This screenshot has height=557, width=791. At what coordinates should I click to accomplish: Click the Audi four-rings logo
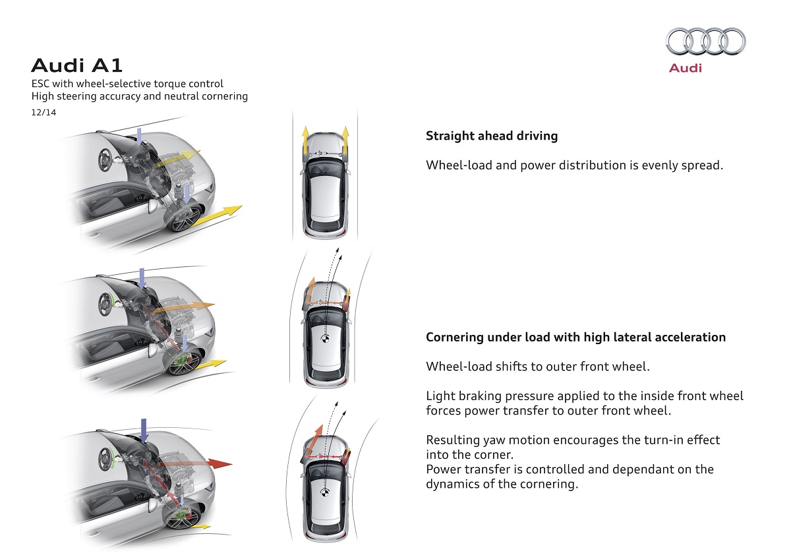pos(705,41)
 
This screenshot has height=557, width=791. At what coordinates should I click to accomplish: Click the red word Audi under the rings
pos(686,68)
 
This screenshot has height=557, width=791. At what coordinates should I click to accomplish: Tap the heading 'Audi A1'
pos(76,65)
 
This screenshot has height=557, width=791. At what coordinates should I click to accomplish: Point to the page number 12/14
pos(44,113)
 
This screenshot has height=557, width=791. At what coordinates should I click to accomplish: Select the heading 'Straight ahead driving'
pos(492,136)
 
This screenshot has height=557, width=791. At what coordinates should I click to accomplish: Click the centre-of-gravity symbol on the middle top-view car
pos(324,340)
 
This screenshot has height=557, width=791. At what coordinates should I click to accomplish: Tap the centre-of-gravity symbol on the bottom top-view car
pos(324,492)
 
